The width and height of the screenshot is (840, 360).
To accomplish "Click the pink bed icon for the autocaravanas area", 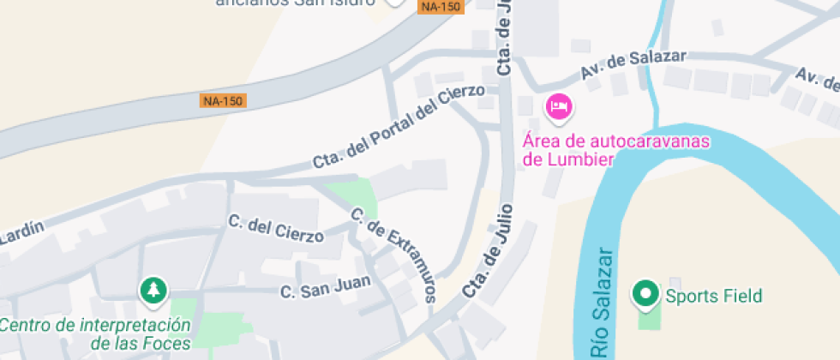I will pyautogui.click(x=559, y=106).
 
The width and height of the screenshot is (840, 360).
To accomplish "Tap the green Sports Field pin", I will pyautogui.click(x=645, y=294).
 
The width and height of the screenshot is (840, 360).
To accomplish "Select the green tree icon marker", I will pyautogui.click(x=153, y=290).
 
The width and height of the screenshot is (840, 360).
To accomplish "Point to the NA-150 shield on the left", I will pyautogui.click(x=223, y=100).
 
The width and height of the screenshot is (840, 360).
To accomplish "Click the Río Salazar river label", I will pyautogui.click(x=603, y=304).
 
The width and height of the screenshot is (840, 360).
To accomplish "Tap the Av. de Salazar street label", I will pyautogui.click(x=633, y=65).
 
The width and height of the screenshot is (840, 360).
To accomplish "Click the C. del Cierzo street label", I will pyautogui.click(x=276, y=228).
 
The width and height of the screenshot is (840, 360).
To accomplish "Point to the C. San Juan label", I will pyautogui.click(x=326, y=286).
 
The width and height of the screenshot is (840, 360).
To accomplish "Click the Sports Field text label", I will pyautogui.click(x=713, y=297).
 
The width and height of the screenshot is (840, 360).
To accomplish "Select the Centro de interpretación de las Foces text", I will pyautogui.click(x=94, y=334).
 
